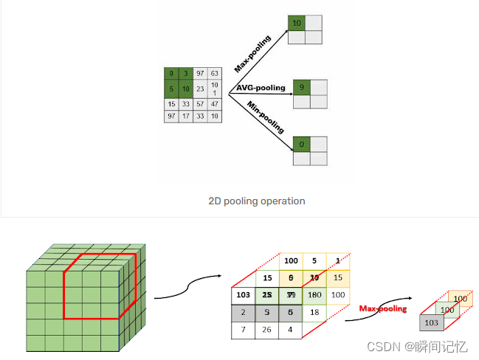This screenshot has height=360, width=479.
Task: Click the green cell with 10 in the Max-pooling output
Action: coord(297,24)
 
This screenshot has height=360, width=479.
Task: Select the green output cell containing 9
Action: coord(301,88)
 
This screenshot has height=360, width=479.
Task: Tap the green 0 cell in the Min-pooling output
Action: coord(301,144)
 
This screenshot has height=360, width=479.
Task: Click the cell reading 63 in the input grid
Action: coord(214,75)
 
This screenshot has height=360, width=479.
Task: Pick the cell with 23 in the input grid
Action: coord(200,89)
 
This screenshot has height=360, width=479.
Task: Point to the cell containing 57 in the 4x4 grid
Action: coord(200,103)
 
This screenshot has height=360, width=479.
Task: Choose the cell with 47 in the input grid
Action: coord(214,103)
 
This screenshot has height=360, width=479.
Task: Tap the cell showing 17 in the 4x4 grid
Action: coord(186,117)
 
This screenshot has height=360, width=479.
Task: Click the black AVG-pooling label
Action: coord(261,88)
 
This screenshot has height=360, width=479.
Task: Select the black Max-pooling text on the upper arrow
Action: coord(253,52)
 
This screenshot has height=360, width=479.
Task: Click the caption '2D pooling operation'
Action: coord(257,201)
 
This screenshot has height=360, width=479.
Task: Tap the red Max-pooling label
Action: coord(382,308)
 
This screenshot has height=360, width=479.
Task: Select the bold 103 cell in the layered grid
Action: coord(244,294)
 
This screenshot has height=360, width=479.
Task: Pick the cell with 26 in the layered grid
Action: coord(267,328)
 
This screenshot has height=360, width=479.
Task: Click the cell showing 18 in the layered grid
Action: coord(314,312)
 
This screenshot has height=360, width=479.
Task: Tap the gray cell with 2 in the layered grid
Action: coord(244,311)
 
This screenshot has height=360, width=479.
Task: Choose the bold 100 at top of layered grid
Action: coord(291,260)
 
